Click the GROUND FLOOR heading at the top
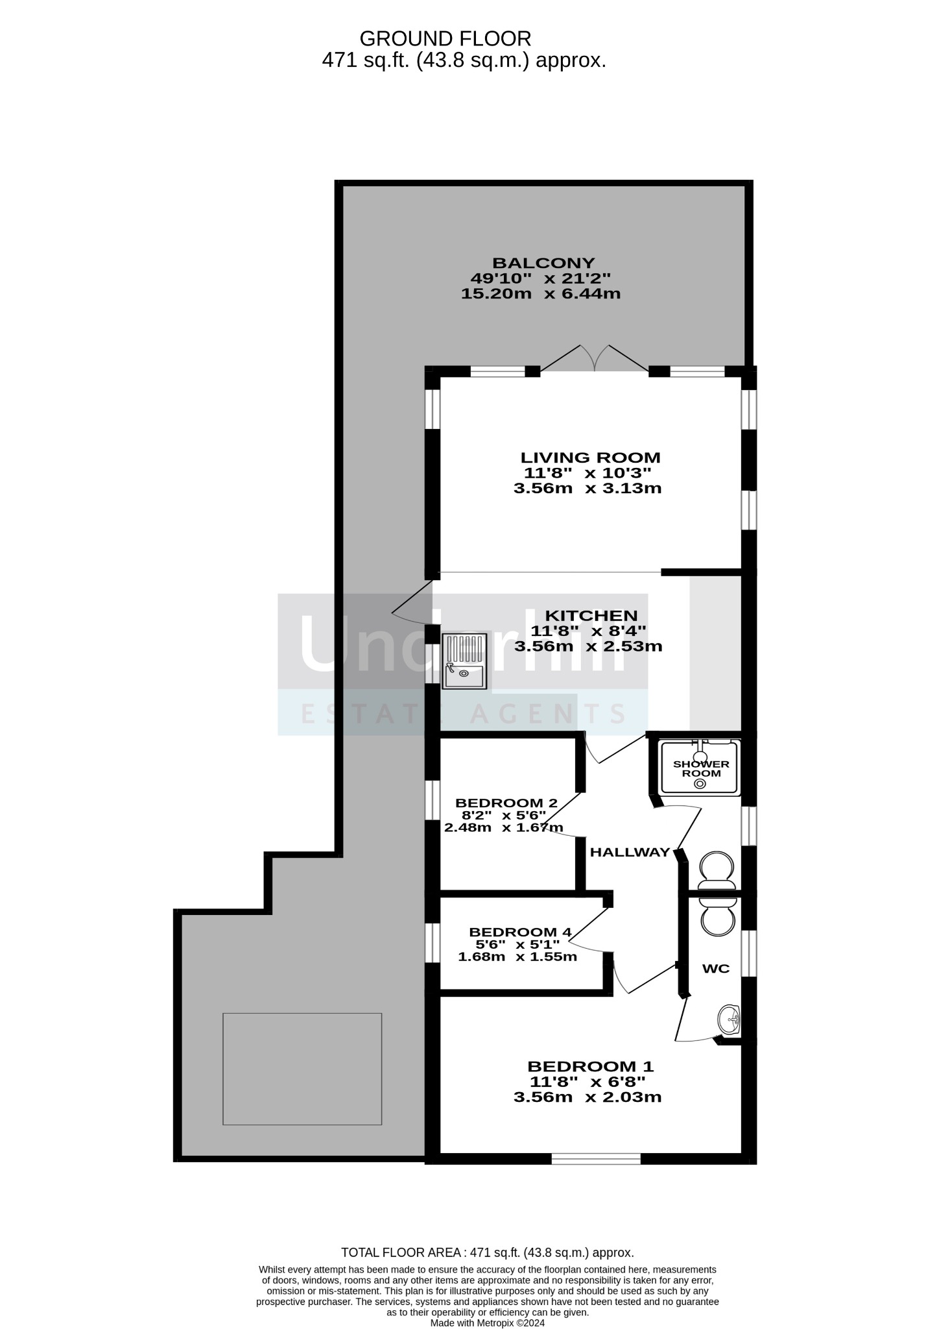pos(445,39)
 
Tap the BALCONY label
pos(543,263)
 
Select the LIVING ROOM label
pos(591,457)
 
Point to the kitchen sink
pos(464,661)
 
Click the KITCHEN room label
pos(591,615)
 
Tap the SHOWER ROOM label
pos(701,768)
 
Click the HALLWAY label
pos(629,852)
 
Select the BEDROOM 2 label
pos(506,803)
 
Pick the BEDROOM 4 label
pos(519,932)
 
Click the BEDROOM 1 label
pos(590,1066)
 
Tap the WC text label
pos(716,969)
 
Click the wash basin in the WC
pos(730,1021)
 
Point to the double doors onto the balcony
pos(594,359)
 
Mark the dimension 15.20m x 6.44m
pos(541,293)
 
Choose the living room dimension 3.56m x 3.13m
pos(588,488)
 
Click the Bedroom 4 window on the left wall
pos(433,942)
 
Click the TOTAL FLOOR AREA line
pos(488,1252)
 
